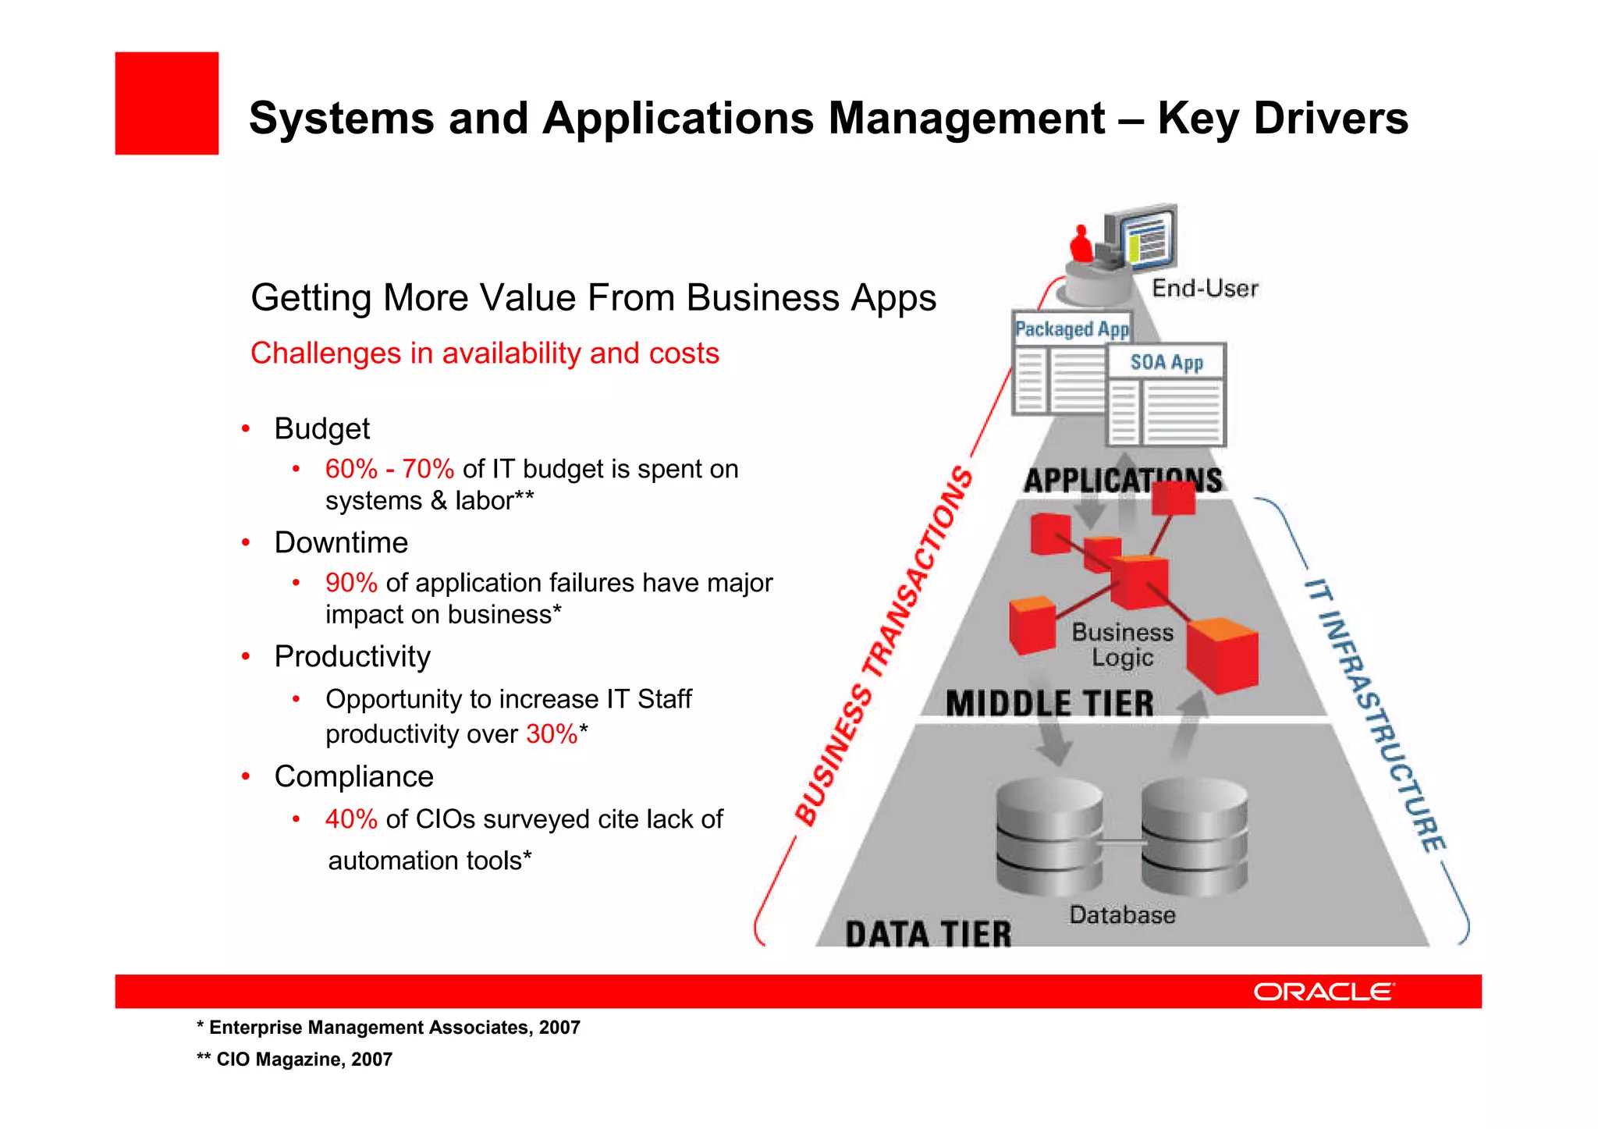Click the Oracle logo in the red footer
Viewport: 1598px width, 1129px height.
pos(1323,991)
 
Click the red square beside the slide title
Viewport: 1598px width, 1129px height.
pos(166,103)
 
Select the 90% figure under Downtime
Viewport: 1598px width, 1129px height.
pos(351,583)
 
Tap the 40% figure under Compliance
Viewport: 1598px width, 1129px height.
pos(351,819)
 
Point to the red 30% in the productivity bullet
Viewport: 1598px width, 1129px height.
pos(552,734)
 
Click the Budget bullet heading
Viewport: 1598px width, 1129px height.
pos(321,429)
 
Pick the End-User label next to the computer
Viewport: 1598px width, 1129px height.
pos(1205,289)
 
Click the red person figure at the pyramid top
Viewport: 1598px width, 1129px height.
pos(1081,244)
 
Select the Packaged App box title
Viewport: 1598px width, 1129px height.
pos(1071,329)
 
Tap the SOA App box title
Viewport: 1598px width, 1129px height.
pos(1167,362)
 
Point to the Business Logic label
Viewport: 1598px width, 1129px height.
pos(1122,644)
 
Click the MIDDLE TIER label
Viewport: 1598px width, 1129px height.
pos(1049,704)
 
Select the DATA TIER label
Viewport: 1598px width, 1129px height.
pos(928,934)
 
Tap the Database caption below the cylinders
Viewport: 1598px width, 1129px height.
pos(1122,914)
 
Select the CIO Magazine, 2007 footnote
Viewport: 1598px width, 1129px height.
pos(295,1060)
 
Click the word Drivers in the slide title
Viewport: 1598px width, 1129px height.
pos(1330,119)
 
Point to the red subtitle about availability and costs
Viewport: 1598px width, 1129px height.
pos(485,353)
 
